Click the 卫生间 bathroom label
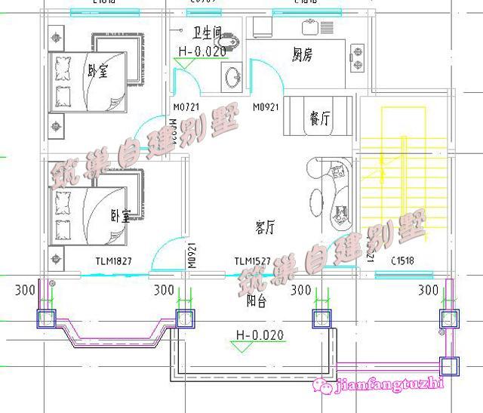206,33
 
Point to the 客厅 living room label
265,226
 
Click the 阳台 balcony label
257,300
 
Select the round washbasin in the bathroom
233,76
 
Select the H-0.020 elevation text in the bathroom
202,51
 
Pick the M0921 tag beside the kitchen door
267,106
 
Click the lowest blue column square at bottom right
451,366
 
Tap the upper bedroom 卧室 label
97,72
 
